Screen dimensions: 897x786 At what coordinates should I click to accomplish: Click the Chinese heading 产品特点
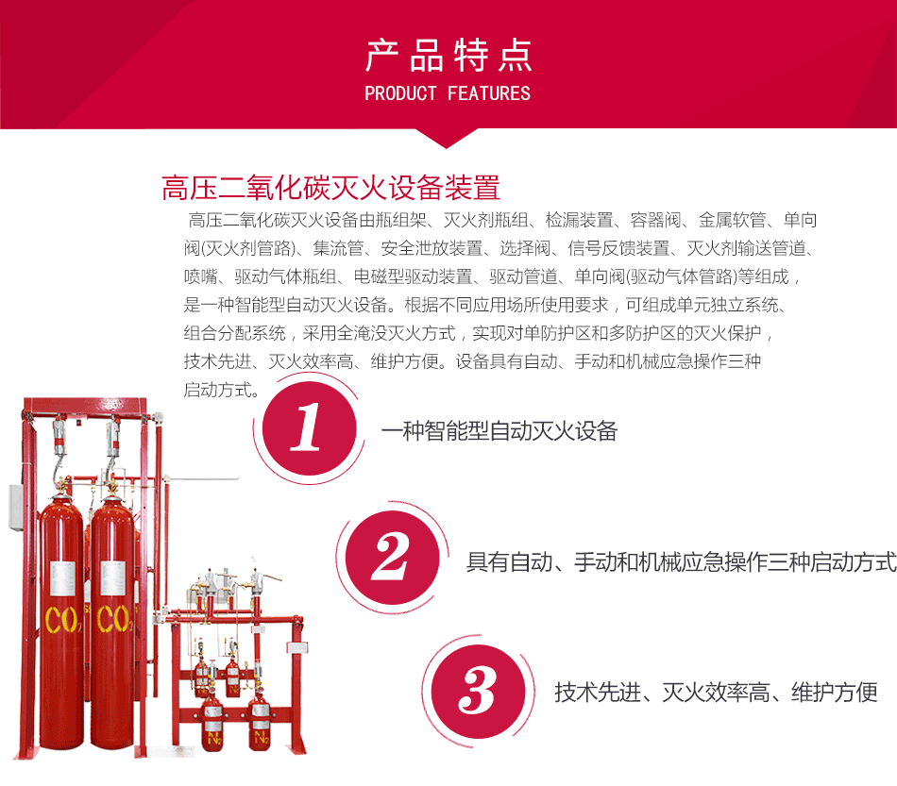point(448,56)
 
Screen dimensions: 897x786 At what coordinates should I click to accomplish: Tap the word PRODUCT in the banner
point(400,93)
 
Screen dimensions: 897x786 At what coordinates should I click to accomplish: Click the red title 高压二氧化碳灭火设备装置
point(330,188)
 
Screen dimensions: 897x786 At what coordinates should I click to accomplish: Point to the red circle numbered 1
point(309,428)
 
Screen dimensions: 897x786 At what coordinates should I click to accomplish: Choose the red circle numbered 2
point(393,558)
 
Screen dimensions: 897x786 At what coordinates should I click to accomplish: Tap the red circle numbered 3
point(478,692)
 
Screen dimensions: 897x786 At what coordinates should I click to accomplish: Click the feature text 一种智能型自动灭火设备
point(499,431)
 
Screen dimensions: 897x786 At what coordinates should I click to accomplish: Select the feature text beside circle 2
point(681,562)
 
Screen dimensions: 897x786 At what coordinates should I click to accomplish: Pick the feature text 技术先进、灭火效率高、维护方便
point(716,693)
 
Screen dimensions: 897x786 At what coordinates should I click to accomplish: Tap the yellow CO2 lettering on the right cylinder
point(114,618)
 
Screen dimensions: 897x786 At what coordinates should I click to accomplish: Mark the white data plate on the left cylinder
point(63,578)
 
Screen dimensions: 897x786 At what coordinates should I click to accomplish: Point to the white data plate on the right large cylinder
point(112,578)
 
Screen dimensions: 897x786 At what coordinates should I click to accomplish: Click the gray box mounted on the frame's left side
point(16,507)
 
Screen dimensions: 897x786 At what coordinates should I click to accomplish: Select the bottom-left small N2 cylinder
point(212,722)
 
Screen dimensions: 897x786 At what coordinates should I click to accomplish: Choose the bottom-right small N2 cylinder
point(260,722)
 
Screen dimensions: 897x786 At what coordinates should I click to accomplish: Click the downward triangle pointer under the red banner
point(447,139)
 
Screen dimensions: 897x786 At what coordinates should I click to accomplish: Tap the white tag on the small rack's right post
point(297,647)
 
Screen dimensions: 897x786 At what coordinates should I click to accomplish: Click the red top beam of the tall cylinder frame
point(85,405)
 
